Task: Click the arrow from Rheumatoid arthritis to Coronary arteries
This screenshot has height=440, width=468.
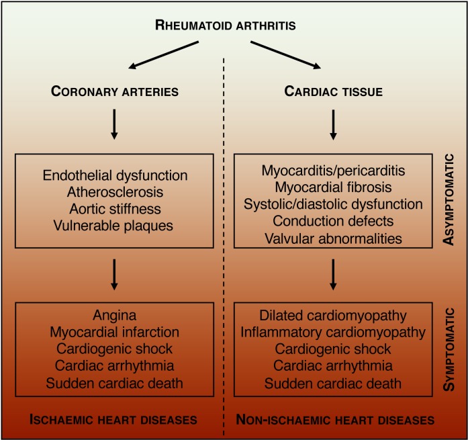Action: (x=165, y=55)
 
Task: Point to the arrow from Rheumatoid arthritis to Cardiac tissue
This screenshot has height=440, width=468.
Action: (x=285, y=55)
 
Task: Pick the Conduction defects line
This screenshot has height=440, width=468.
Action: (x=334, y=220)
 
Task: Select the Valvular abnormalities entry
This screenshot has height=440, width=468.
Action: (x=334, y=236)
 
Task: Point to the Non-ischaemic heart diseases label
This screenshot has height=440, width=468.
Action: (x=334, y=420)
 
